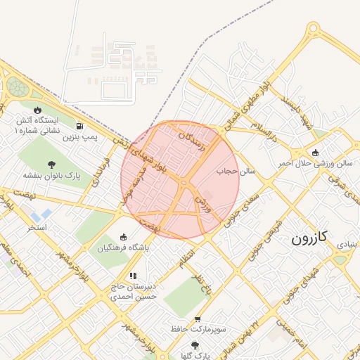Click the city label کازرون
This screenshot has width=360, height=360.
pos(309,238)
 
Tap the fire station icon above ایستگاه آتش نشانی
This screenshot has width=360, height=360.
pos(37,110)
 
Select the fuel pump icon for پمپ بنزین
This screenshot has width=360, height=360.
pos(80,127)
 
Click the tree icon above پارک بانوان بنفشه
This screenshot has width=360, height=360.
pos(51,164)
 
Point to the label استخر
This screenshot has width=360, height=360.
pos(37,228)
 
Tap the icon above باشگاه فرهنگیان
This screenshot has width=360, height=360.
pos(124,237)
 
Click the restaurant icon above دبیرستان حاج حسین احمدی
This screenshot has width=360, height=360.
pos(132,276)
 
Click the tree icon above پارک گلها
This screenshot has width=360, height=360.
pos(195,345)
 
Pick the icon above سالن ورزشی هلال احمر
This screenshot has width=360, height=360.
pos(314,153)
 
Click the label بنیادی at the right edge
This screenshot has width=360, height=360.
pos(347,245)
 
